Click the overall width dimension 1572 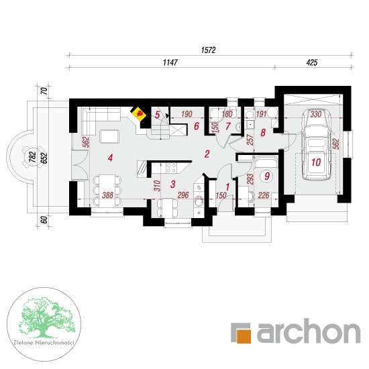(x=208, y=50)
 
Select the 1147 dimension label (x=170, y=62)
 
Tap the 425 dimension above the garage (x=312, y=62)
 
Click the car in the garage (x=316, y=145)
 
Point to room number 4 (x=110, y=158)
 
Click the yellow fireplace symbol (x=139, y=114)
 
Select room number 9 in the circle (x=267, y=176)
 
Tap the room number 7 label (x=228, y=126)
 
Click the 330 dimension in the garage (x=315, y=114)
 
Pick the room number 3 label (x=172, y=184)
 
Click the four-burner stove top (x=171, y=168)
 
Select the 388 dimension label (x=107, y=195)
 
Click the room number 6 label (x=197, y=126)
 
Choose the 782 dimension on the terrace (x=33, y=157)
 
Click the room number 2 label (x=207, y=154)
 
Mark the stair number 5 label (x=157, y=115)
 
